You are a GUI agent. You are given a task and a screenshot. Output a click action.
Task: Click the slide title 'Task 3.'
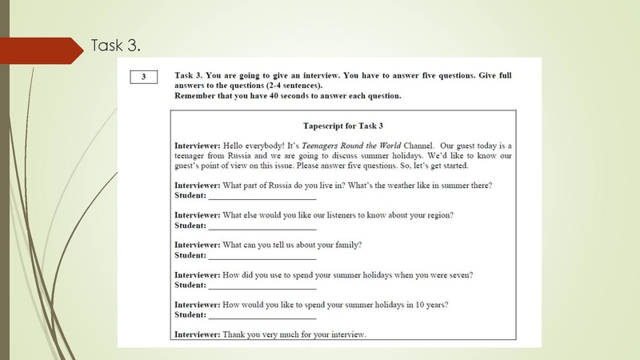(x=117, y=46)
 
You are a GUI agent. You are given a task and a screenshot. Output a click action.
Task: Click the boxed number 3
(x=143, y=78)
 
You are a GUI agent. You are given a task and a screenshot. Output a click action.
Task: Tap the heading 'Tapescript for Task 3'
(x=343, y=126)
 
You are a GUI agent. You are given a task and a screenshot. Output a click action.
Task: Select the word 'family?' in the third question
(x=345, y=245)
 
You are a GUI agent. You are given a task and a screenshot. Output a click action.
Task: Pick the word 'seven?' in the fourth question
(x=459, y=275)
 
